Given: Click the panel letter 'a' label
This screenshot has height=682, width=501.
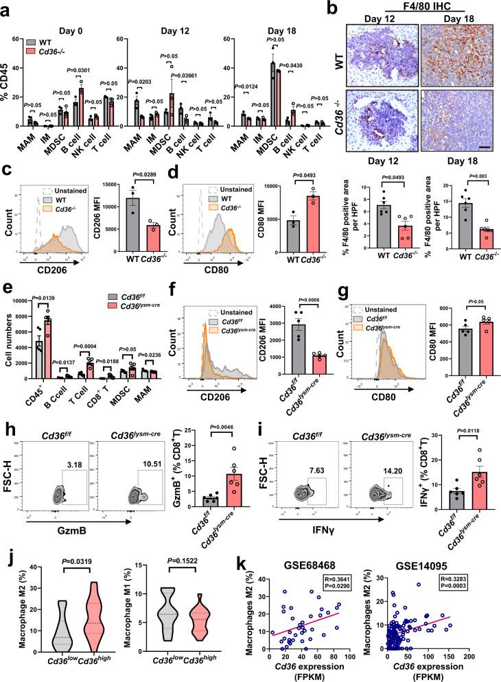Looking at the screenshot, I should tap(7, 8).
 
